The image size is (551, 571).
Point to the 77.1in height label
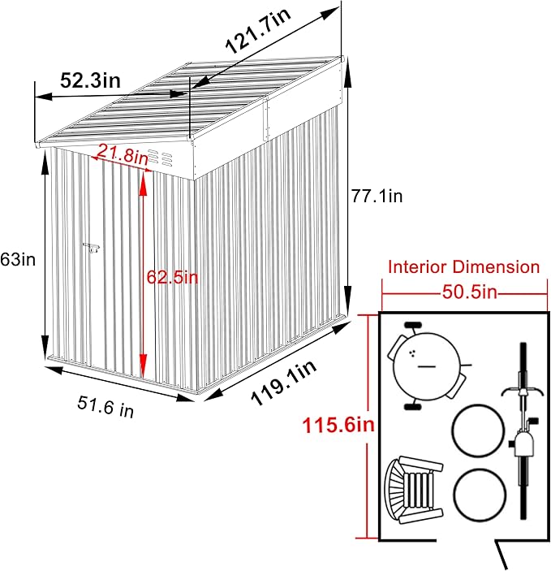coord(377,195)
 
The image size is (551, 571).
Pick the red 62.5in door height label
coord(172,277)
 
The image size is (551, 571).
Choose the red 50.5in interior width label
coord(464,290)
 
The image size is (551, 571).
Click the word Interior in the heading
coord(420,266)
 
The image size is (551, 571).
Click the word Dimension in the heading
coord(498,266)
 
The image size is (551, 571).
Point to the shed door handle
coord(90,246)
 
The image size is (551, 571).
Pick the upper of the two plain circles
coord(477,431)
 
